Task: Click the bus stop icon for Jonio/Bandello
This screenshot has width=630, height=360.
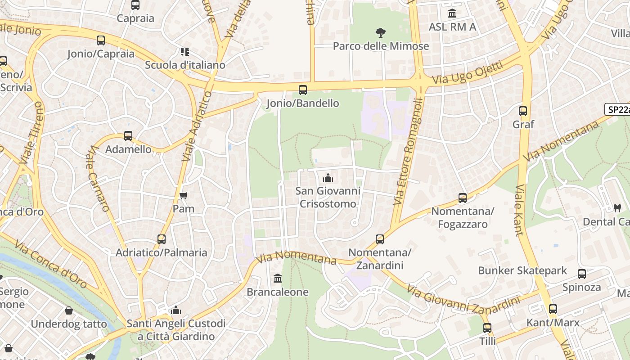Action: coord(303,90)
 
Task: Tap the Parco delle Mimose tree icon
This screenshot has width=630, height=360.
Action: coord(381,32)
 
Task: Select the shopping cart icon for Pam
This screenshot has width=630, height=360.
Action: coord(183,195)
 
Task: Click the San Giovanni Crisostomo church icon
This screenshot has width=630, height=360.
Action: coord(328,178)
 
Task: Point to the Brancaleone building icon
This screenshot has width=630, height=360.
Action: coord(278,279)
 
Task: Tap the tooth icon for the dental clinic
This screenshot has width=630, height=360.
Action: coord(617,208)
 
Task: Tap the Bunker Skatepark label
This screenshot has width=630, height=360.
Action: coord(522,270)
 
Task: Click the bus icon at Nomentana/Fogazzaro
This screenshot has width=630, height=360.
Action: coord(462,198)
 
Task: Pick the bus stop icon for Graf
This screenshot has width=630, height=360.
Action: coord(523,111)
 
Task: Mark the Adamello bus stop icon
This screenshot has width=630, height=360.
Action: coord(128,135)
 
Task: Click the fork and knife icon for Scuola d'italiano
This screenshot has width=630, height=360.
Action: coord(185,52)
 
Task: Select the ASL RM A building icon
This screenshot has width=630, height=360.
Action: coord(452,13)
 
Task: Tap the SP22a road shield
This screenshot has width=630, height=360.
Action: coord(617,109)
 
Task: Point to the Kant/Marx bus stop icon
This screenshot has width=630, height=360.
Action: coord(553,309)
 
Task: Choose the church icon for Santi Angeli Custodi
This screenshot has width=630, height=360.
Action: coord(176,310)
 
